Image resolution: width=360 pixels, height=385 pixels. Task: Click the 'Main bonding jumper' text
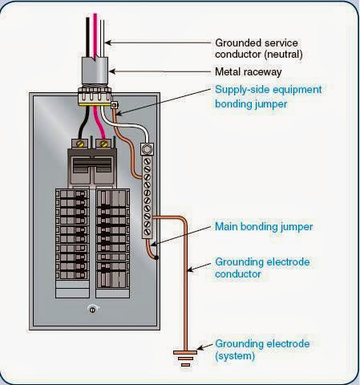point(264,227)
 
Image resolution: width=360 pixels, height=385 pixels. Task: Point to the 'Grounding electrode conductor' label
point(261,268)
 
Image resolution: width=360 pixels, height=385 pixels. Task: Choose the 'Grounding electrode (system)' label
point(261,350)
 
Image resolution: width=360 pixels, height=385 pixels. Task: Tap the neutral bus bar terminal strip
point(147,204)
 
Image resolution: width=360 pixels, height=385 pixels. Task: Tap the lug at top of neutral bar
point(147,150)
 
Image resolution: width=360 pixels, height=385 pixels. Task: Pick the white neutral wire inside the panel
point(128,128)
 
